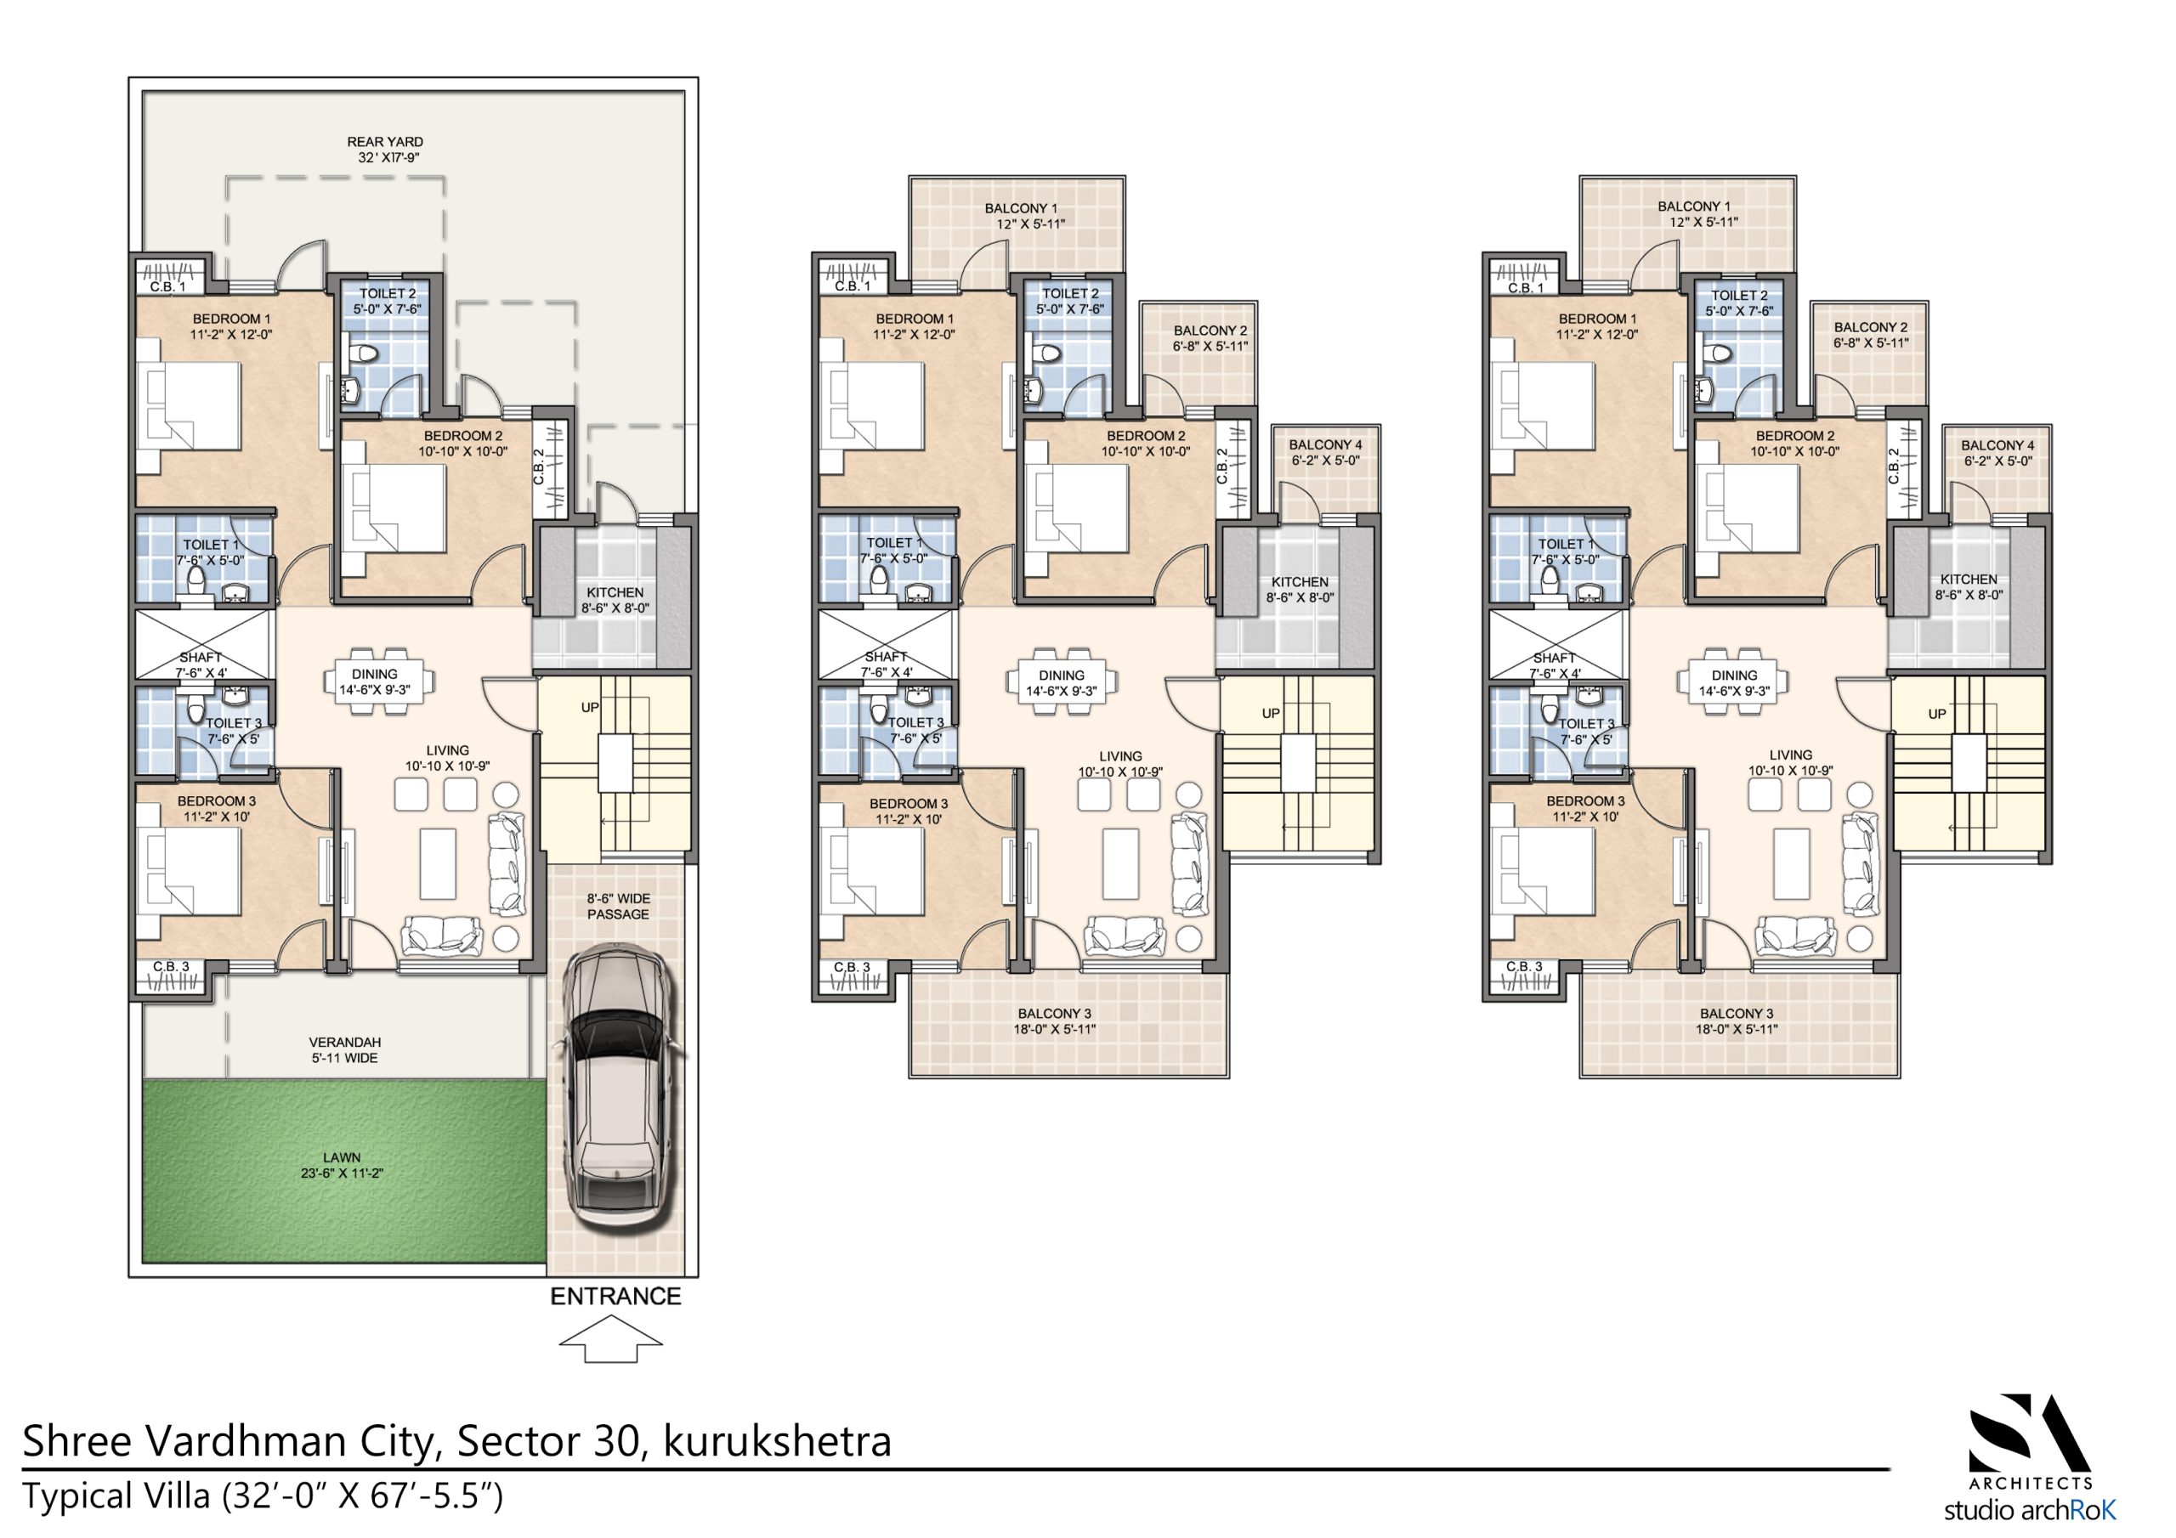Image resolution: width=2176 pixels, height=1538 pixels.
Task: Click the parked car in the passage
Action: pyautogui.click(x=615, y=1090)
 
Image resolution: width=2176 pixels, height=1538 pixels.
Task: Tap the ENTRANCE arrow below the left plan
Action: pyautogui.click(x=610, y=1342)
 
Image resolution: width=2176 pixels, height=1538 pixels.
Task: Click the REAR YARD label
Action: pyautogui.click(x=385, y=142)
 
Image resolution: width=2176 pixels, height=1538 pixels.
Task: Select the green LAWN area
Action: pyautogui.click(x=343, y=1171)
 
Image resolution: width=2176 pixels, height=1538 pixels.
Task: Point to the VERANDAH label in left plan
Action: pyautogui.click(x=345, y=1043)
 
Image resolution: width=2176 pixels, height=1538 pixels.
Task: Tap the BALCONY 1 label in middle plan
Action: pyautogui.click(x=1020, y=208)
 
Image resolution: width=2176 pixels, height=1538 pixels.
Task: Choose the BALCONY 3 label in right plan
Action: pyautogui.click(x=1737, y=1013)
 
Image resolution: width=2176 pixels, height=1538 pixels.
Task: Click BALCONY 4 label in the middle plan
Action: pyautogui.click(x=1325, y=444)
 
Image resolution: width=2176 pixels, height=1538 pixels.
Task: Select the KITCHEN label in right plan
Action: pyautogui.click(x=1969, y=579)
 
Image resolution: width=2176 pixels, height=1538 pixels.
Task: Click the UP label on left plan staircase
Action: pyautogui.click(x=590, y=708)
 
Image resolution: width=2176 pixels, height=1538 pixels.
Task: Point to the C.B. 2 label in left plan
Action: pyautogui.click(x=539, y=466)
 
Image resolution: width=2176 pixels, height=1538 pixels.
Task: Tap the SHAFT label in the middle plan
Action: pyautogui.click(x=887, y=657)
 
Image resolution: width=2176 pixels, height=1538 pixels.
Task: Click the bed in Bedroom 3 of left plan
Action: pyautogui.click(x=190, y=871)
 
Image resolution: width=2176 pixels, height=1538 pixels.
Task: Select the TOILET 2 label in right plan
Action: pyautogui.click(x=1739, y=296)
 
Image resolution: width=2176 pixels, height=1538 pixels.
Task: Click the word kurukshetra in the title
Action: pyautogui.click(x=777, y=1441)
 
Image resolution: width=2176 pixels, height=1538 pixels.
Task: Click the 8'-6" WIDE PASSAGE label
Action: pyautogui.click(x=618, y=906)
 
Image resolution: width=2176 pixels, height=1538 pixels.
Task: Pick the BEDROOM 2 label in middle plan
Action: pyautogui.click(x=1146, y=436)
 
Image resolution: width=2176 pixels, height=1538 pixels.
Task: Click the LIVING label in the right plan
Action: pyautogui.click(x=1789, y=755)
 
